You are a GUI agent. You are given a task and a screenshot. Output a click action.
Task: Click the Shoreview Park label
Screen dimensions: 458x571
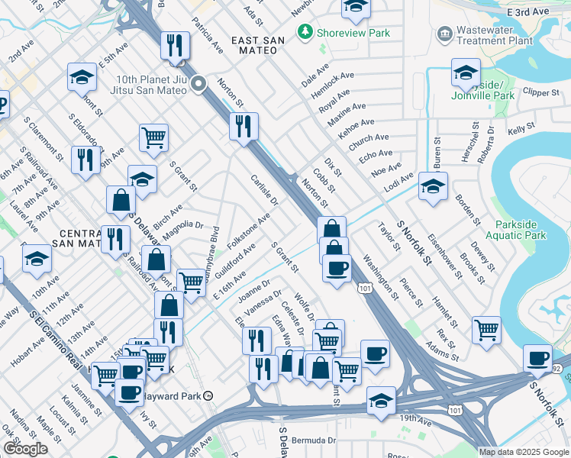point(355,33)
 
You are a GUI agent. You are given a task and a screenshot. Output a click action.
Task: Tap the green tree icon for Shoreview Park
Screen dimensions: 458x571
point(305,33)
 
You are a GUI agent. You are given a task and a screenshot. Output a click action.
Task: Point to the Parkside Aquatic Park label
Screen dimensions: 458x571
point(521,230)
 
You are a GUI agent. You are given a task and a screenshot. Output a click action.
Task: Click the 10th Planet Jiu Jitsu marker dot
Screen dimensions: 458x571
point(199,84)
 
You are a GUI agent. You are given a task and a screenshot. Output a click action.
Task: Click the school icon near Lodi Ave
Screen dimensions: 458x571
point(433,186)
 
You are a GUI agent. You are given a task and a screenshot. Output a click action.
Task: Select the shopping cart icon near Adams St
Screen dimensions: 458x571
point(486,330)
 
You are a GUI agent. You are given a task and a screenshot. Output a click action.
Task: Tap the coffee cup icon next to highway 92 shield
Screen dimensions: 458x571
point(538,357)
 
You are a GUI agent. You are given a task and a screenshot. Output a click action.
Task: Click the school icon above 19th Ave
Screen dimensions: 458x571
point(381,400)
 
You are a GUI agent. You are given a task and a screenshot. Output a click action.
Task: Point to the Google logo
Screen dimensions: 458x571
point(25,449)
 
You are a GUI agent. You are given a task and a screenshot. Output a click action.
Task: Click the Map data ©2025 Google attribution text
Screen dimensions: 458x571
point(524,452)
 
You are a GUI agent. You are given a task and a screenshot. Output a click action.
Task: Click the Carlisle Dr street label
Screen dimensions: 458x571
point(264,190)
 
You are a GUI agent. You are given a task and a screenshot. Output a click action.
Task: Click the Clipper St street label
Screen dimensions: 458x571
point(542,92)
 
